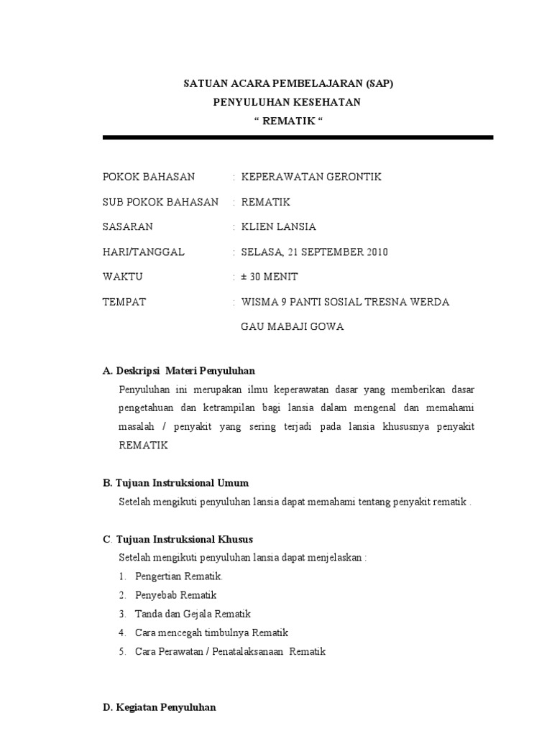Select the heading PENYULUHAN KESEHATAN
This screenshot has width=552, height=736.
pyautogui.click(x=286, y=102)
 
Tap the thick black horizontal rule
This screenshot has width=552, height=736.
pyautogui.click(x=298, y=137)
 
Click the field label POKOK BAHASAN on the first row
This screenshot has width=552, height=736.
pyautogui.click(x=149, y=177)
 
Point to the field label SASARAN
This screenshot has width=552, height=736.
pyautogui.click(x=128, y=226)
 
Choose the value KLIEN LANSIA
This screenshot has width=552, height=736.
pyautogui.click(x=278, y=226)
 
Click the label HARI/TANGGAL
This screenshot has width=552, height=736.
pyautogui.click(x=144, y=252)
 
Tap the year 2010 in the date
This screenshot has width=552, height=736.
pyautogui.click(x=374, y=252)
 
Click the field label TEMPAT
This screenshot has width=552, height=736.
pyautogui.click(x=124, y=302)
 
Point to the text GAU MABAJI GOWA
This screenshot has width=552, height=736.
pyautogui.click(x=292, y=327)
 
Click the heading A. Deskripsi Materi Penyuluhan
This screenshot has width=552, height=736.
pyautogui.click(x=179, y=371)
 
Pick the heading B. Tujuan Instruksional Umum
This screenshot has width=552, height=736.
pyautogui.click(x=176, y=483)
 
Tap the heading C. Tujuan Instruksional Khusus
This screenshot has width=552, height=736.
pyautogui.click(x=178, y=539)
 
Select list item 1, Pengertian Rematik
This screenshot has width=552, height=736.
pyautogui.click(x=178, y=576)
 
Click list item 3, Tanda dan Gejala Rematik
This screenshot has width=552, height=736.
pyautogui.click(x=193, y=614)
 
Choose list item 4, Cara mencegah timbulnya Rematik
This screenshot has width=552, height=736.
pyautogui.click(x=211, y=632)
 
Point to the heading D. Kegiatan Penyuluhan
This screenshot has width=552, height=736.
pyautogui.click(x=160, y=707)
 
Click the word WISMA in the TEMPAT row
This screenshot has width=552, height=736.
pyautogui.click(x=257, y=302)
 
